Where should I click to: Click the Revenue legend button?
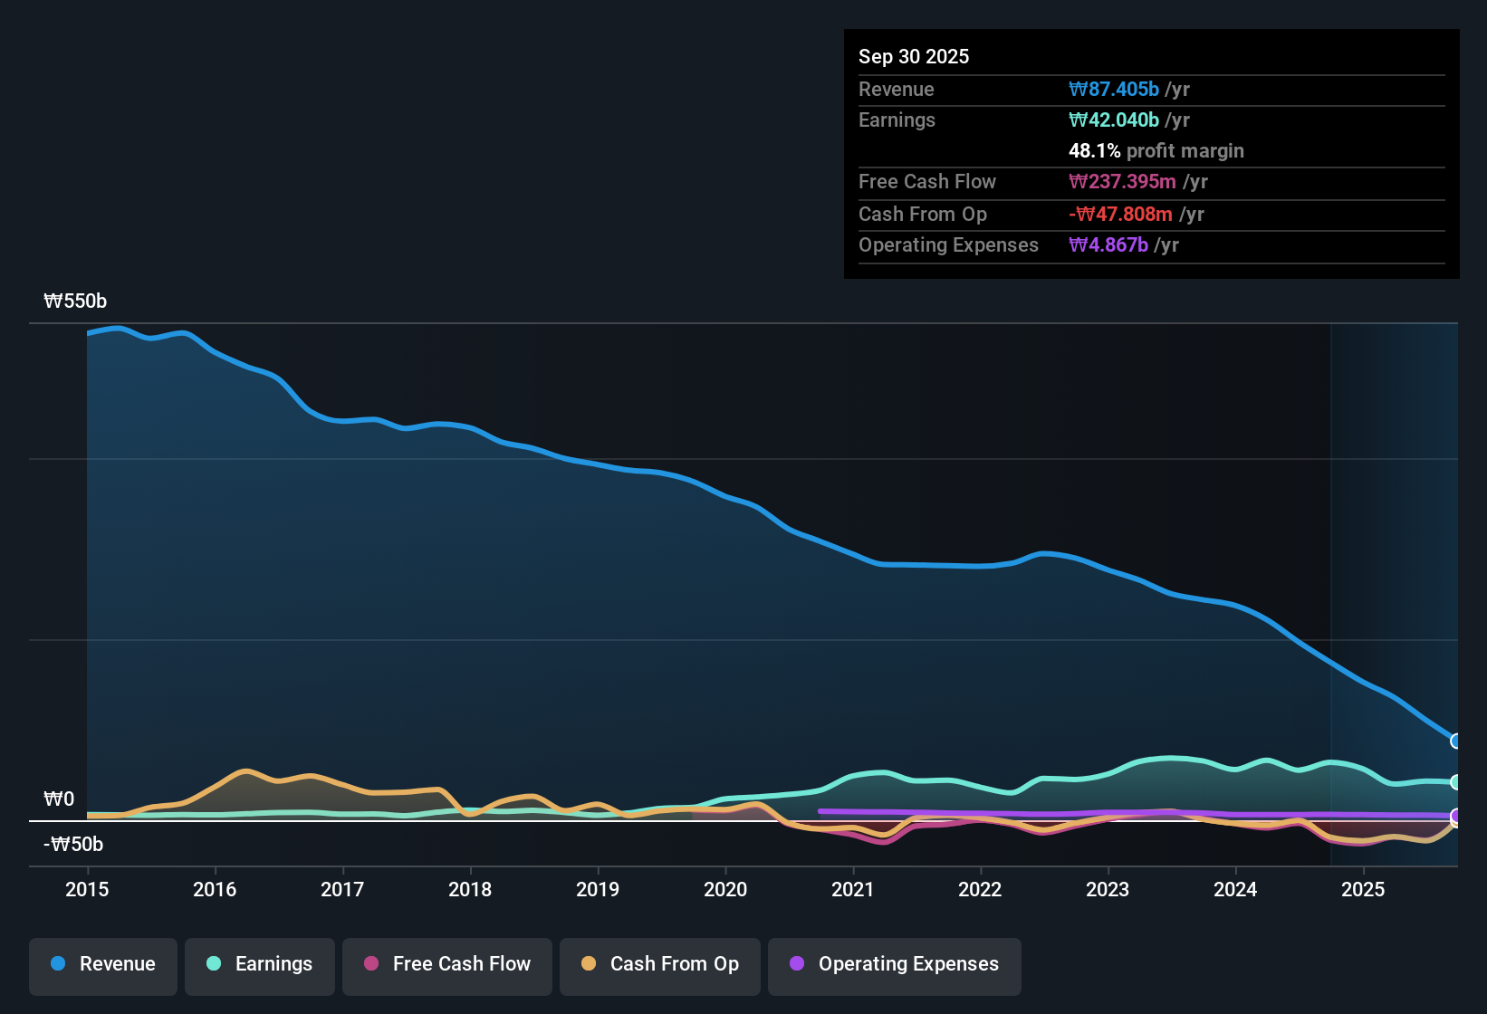click(x=103, y=964)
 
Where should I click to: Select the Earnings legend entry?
click(x=260, y=964)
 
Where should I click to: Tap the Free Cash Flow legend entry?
click(x=447, y=964)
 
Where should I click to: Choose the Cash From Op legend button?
click(x=660, y=964)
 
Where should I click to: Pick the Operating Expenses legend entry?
click(x=895, y=964)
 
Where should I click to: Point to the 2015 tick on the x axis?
click(x=87, y=889)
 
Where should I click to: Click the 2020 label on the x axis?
click(x=725, y=889)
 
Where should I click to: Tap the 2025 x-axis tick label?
click(x=1363, y=889)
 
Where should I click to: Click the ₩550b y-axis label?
click(x=75, y=301)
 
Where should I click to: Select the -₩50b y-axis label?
click(x=73, y=845)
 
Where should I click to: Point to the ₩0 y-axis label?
click(x=59, y=799)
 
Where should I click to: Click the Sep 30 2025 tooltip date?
click(x=914, y=56)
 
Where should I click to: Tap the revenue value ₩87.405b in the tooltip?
click(x=1114, y=89)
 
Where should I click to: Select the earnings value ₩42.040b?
click(x=1114, y=120)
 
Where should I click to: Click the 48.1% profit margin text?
click(x=1156, y=151)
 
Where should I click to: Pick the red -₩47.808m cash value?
click(x=1120, y=214)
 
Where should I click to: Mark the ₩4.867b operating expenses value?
click(x=1108, y=245)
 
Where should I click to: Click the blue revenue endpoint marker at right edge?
click(x=1456, y=741)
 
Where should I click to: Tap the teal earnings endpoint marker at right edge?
click(x=1456, y=782)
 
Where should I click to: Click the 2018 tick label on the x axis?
click(x=470, y=889)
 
